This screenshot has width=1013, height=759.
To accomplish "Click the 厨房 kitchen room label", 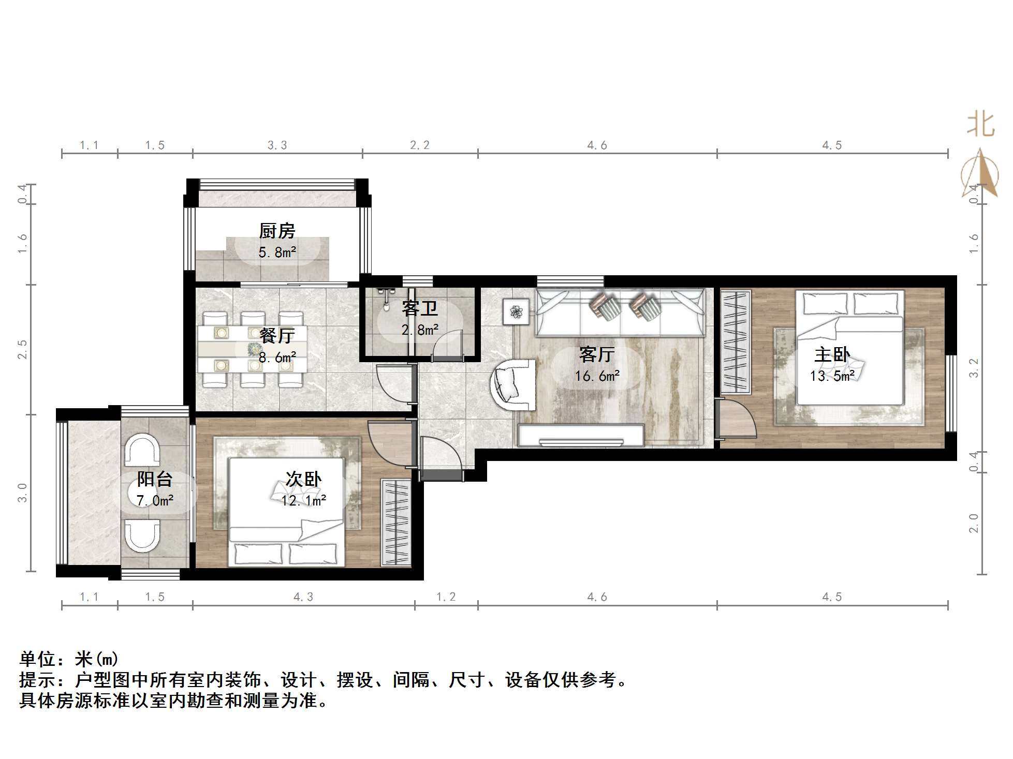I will pos(277,231).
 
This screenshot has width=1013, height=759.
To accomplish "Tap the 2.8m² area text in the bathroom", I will pos(420,330).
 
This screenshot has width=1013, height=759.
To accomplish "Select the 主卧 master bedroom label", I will pos(832,354).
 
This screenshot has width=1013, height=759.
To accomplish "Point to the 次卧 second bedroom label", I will pos(304,479).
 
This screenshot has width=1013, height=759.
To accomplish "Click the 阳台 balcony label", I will pos(154,479).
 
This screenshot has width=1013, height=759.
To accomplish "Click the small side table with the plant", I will pos(516,312).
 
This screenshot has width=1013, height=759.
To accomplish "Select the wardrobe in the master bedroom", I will pos(736,342).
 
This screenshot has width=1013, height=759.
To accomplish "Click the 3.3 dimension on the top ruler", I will pos(277,145).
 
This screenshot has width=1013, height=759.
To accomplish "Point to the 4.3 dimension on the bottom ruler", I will pos(303,597).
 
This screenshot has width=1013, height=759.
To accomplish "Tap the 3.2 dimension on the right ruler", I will pos(974,368).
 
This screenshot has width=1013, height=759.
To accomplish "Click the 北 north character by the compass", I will pos(980,126).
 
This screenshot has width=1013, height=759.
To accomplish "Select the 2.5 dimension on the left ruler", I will pos(22,349).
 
